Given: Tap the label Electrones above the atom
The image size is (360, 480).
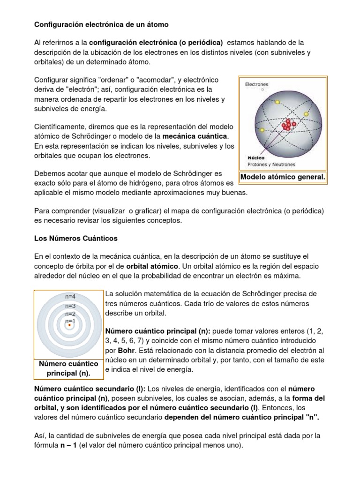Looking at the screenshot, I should click(256, 85).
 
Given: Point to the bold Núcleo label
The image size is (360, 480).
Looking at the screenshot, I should click(255, 158).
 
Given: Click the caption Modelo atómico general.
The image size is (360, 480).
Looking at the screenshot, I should click(283, 177).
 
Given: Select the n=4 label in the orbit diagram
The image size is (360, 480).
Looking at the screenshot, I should click(70, 296).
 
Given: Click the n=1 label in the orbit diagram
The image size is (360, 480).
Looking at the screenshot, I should click(70, 321).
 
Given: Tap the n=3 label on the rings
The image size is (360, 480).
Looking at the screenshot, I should click(70, 306).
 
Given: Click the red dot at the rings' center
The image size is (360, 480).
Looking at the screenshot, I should click(69, 325).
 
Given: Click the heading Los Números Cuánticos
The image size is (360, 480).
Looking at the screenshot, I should click(76, 238).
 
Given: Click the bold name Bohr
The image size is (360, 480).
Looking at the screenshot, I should click(123, 350).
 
